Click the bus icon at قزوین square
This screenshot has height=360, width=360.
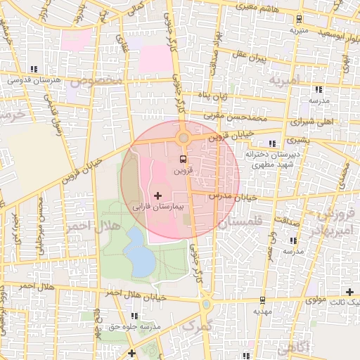[x=184, y=159]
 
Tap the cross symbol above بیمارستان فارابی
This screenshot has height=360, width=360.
[x=157, y=195]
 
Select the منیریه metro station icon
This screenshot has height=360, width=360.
[x=300, y=19]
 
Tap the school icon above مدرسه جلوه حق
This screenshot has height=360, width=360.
[x=134, y=316]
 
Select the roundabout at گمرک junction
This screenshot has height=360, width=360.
[x=205, y=305]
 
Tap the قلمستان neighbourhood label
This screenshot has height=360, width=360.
[x=240, y=222]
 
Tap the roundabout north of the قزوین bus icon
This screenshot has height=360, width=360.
[x=184, y=138]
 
